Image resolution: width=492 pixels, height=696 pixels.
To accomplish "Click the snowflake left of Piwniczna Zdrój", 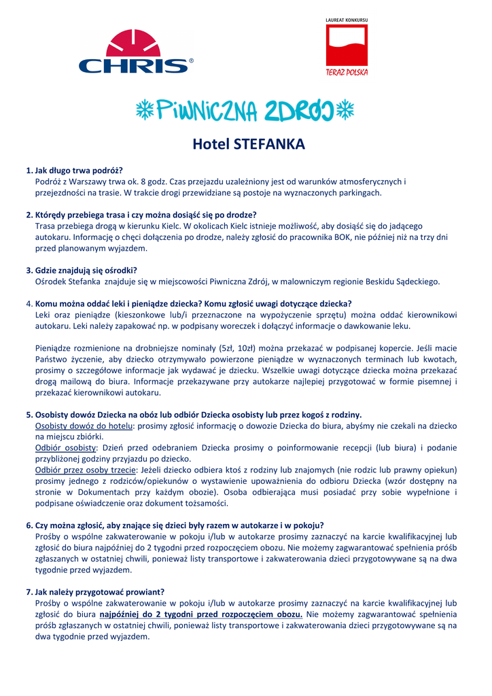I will coord(144,110).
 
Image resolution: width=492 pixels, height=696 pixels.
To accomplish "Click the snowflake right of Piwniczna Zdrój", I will coord(347,110).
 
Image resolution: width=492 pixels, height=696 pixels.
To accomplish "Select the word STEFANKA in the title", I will coord(269,144).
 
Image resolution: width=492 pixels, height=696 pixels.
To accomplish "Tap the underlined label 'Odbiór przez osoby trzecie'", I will coord(85,470).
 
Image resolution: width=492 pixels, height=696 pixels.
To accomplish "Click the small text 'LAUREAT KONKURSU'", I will coord(347,20).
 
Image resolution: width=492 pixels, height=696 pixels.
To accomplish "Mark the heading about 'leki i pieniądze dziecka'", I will coord(193,303).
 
